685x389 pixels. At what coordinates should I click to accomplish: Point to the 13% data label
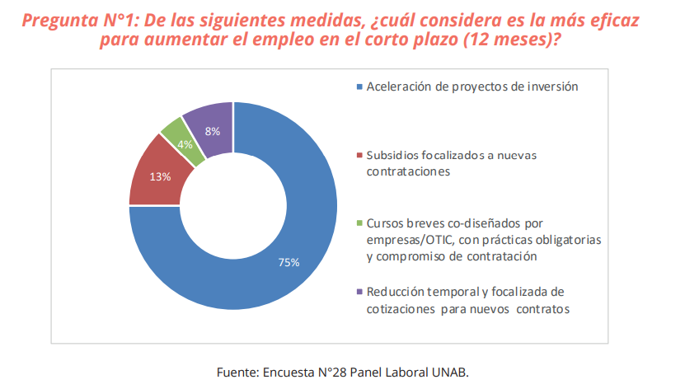(x=160, y=176)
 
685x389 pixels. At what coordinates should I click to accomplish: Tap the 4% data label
(x=185, y=143)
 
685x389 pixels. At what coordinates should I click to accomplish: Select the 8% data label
(x=212, y=131)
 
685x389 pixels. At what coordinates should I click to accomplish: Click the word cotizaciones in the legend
(x=401, y=308)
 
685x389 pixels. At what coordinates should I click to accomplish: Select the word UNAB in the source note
(x=448, y=372)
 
